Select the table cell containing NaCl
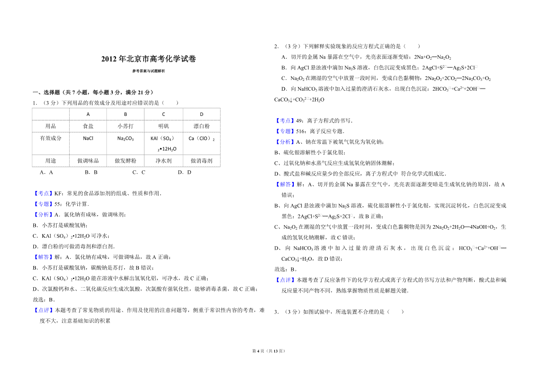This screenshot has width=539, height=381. [x=88, y=138]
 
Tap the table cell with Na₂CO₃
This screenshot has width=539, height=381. [x=126, y=138]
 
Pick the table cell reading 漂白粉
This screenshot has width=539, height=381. [x=201, y=126]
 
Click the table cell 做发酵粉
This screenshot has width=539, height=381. [x=126, y=160]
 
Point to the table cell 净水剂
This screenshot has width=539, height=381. [x=163, y=160]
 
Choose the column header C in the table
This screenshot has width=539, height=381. [x=163, y=114]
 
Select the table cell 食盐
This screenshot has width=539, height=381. [x=88, y=126]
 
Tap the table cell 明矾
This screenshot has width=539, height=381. [x=163, y=126]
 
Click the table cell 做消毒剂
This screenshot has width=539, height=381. [x=201, y=160]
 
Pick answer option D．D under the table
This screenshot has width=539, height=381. [x=185, y=172]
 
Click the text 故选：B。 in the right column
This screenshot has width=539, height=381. [x=285, y=270]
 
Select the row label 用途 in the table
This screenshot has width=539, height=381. [x=51, y=160]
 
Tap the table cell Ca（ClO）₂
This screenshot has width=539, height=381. [x=201, y=138]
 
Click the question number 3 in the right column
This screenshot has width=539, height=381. [x=276, y=312]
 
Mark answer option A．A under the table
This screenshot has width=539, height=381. [x=47, y=172]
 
